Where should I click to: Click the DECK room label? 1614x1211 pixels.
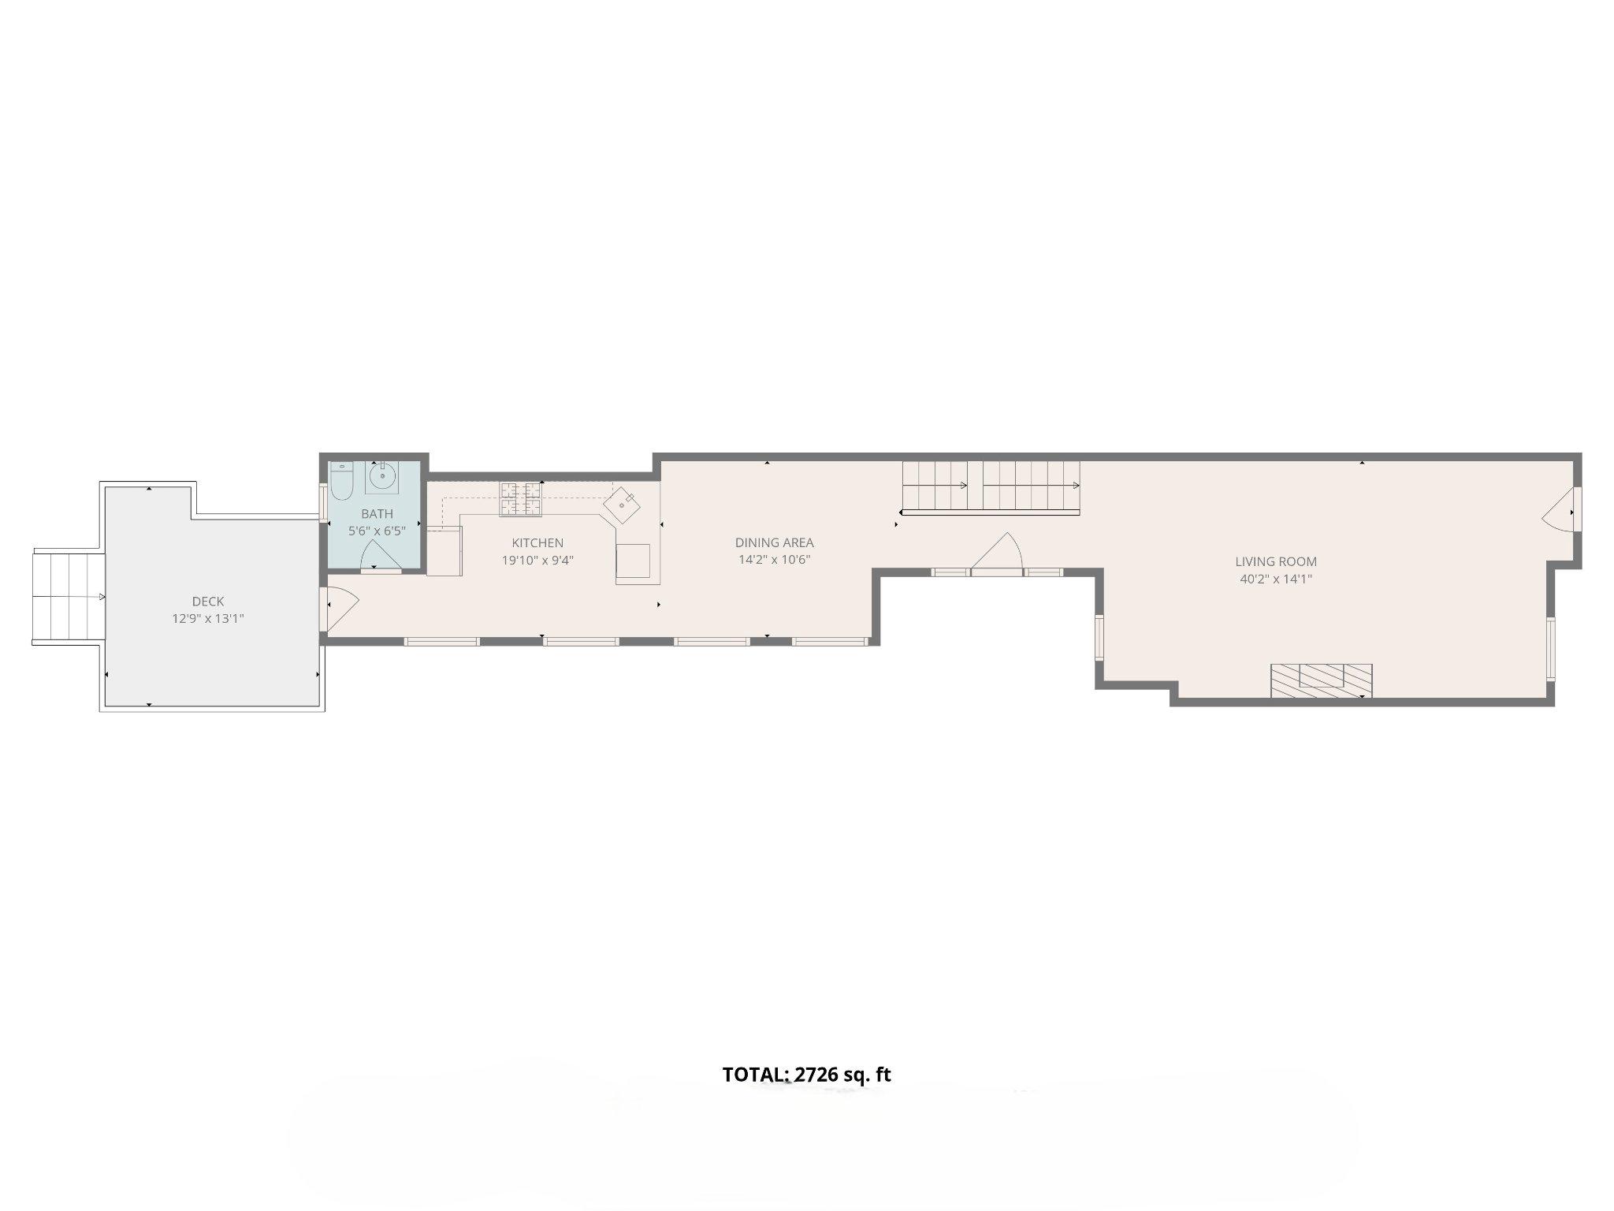pyautogui.click(x=208, y=602)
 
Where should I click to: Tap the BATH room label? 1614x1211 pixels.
pyautogui.click(x=377, y=514)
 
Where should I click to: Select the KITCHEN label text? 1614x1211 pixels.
pyautogui.click(x=537, y=543)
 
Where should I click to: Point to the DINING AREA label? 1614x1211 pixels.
pyautogui.click(x=774, y=542)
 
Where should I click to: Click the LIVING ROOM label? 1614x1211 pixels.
pyautogui.click(x=1275, y=562)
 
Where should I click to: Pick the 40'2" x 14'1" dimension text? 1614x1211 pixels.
pyautogui.click(x=1275, y=579)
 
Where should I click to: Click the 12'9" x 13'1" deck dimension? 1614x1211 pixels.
pyautogui.click(x=208, y=619)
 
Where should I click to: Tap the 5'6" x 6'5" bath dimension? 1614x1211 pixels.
pyautogui.click(x=377, y=531)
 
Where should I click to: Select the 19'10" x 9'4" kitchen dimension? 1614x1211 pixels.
pyautogui.click(x=537, y=561)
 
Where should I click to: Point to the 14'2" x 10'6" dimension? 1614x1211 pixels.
pyautogui.click(x=774, y=560)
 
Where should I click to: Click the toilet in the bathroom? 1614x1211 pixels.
pyautogui.click(x=341, y=483)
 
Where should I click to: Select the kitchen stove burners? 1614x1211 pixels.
pyautogui.click(x=520, y=499)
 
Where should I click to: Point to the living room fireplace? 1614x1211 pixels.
pyautogui.click(x=1321, y=680)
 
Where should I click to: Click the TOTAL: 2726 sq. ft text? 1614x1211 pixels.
pyautogui.click(x=806, y=1075)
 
